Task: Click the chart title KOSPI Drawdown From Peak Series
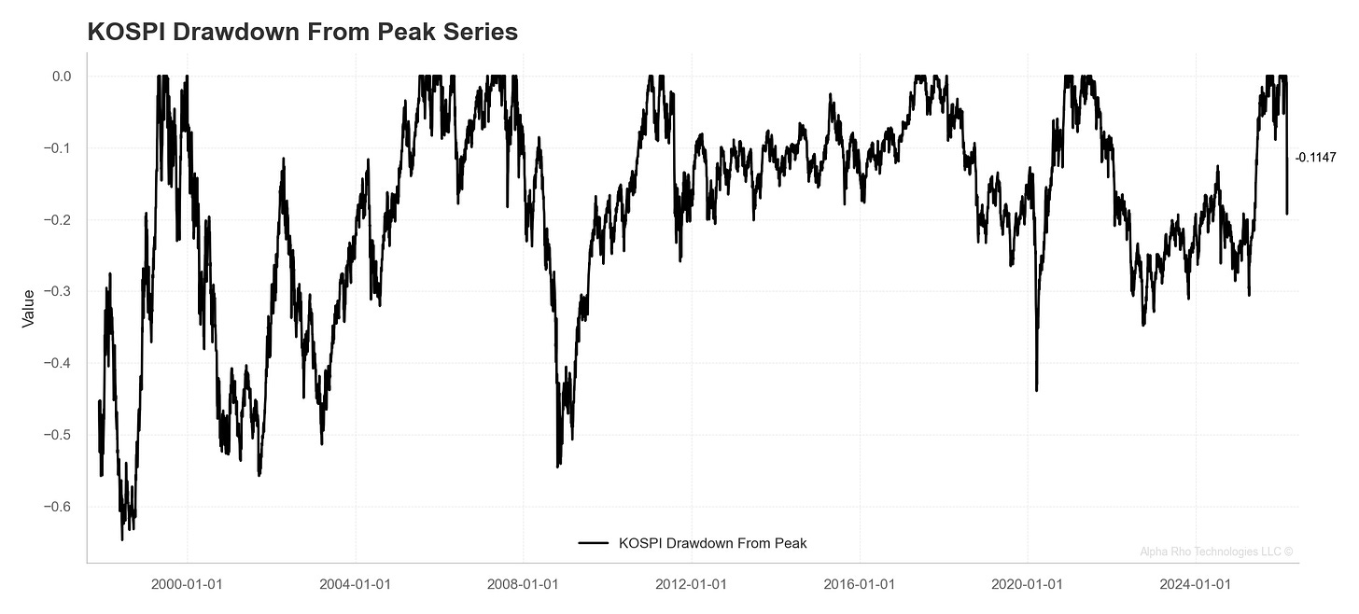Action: [x=302, y=32]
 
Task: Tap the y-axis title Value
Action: [x=28, y=308]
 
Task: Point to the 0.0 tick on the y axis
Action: [x=62, y=77]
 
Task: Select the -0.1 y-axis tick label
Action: [x=60, y=148]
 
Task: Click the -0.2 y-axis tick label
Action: [x=60, y=220]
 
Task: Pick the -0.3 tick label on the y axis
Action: [x=60, y=292]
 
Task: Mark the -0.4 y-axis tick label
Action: [x=60, y=363]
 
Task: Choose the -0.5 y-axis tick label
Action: [x=60, y=435]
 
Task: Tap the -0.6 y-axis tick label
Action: [x=60, y=507]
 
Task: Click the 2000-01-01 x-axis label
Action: [x=188, y=585]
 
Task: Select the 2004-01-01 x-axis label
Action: [x=356, y=585]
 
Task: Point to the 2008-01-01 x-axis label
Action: [x=524, y=585]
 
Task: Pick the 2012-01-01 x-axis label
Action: [x=692, y=585]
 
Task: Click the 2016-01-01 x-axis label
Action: [x=860, y=585]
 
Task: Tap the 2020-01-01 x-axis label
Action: [x=1028, y=585]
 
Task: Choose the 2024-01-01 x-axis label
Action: [x=1196, y=585]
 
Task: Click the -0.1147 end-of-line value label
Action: [x=1315, y=159]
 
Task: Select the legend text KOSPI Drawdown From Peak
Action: [x=712, y=543]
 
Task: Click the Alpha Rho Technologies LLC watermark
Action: [x=1216, y=551]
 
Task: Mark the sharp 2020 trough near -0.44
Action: [x=1036, y=390]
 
